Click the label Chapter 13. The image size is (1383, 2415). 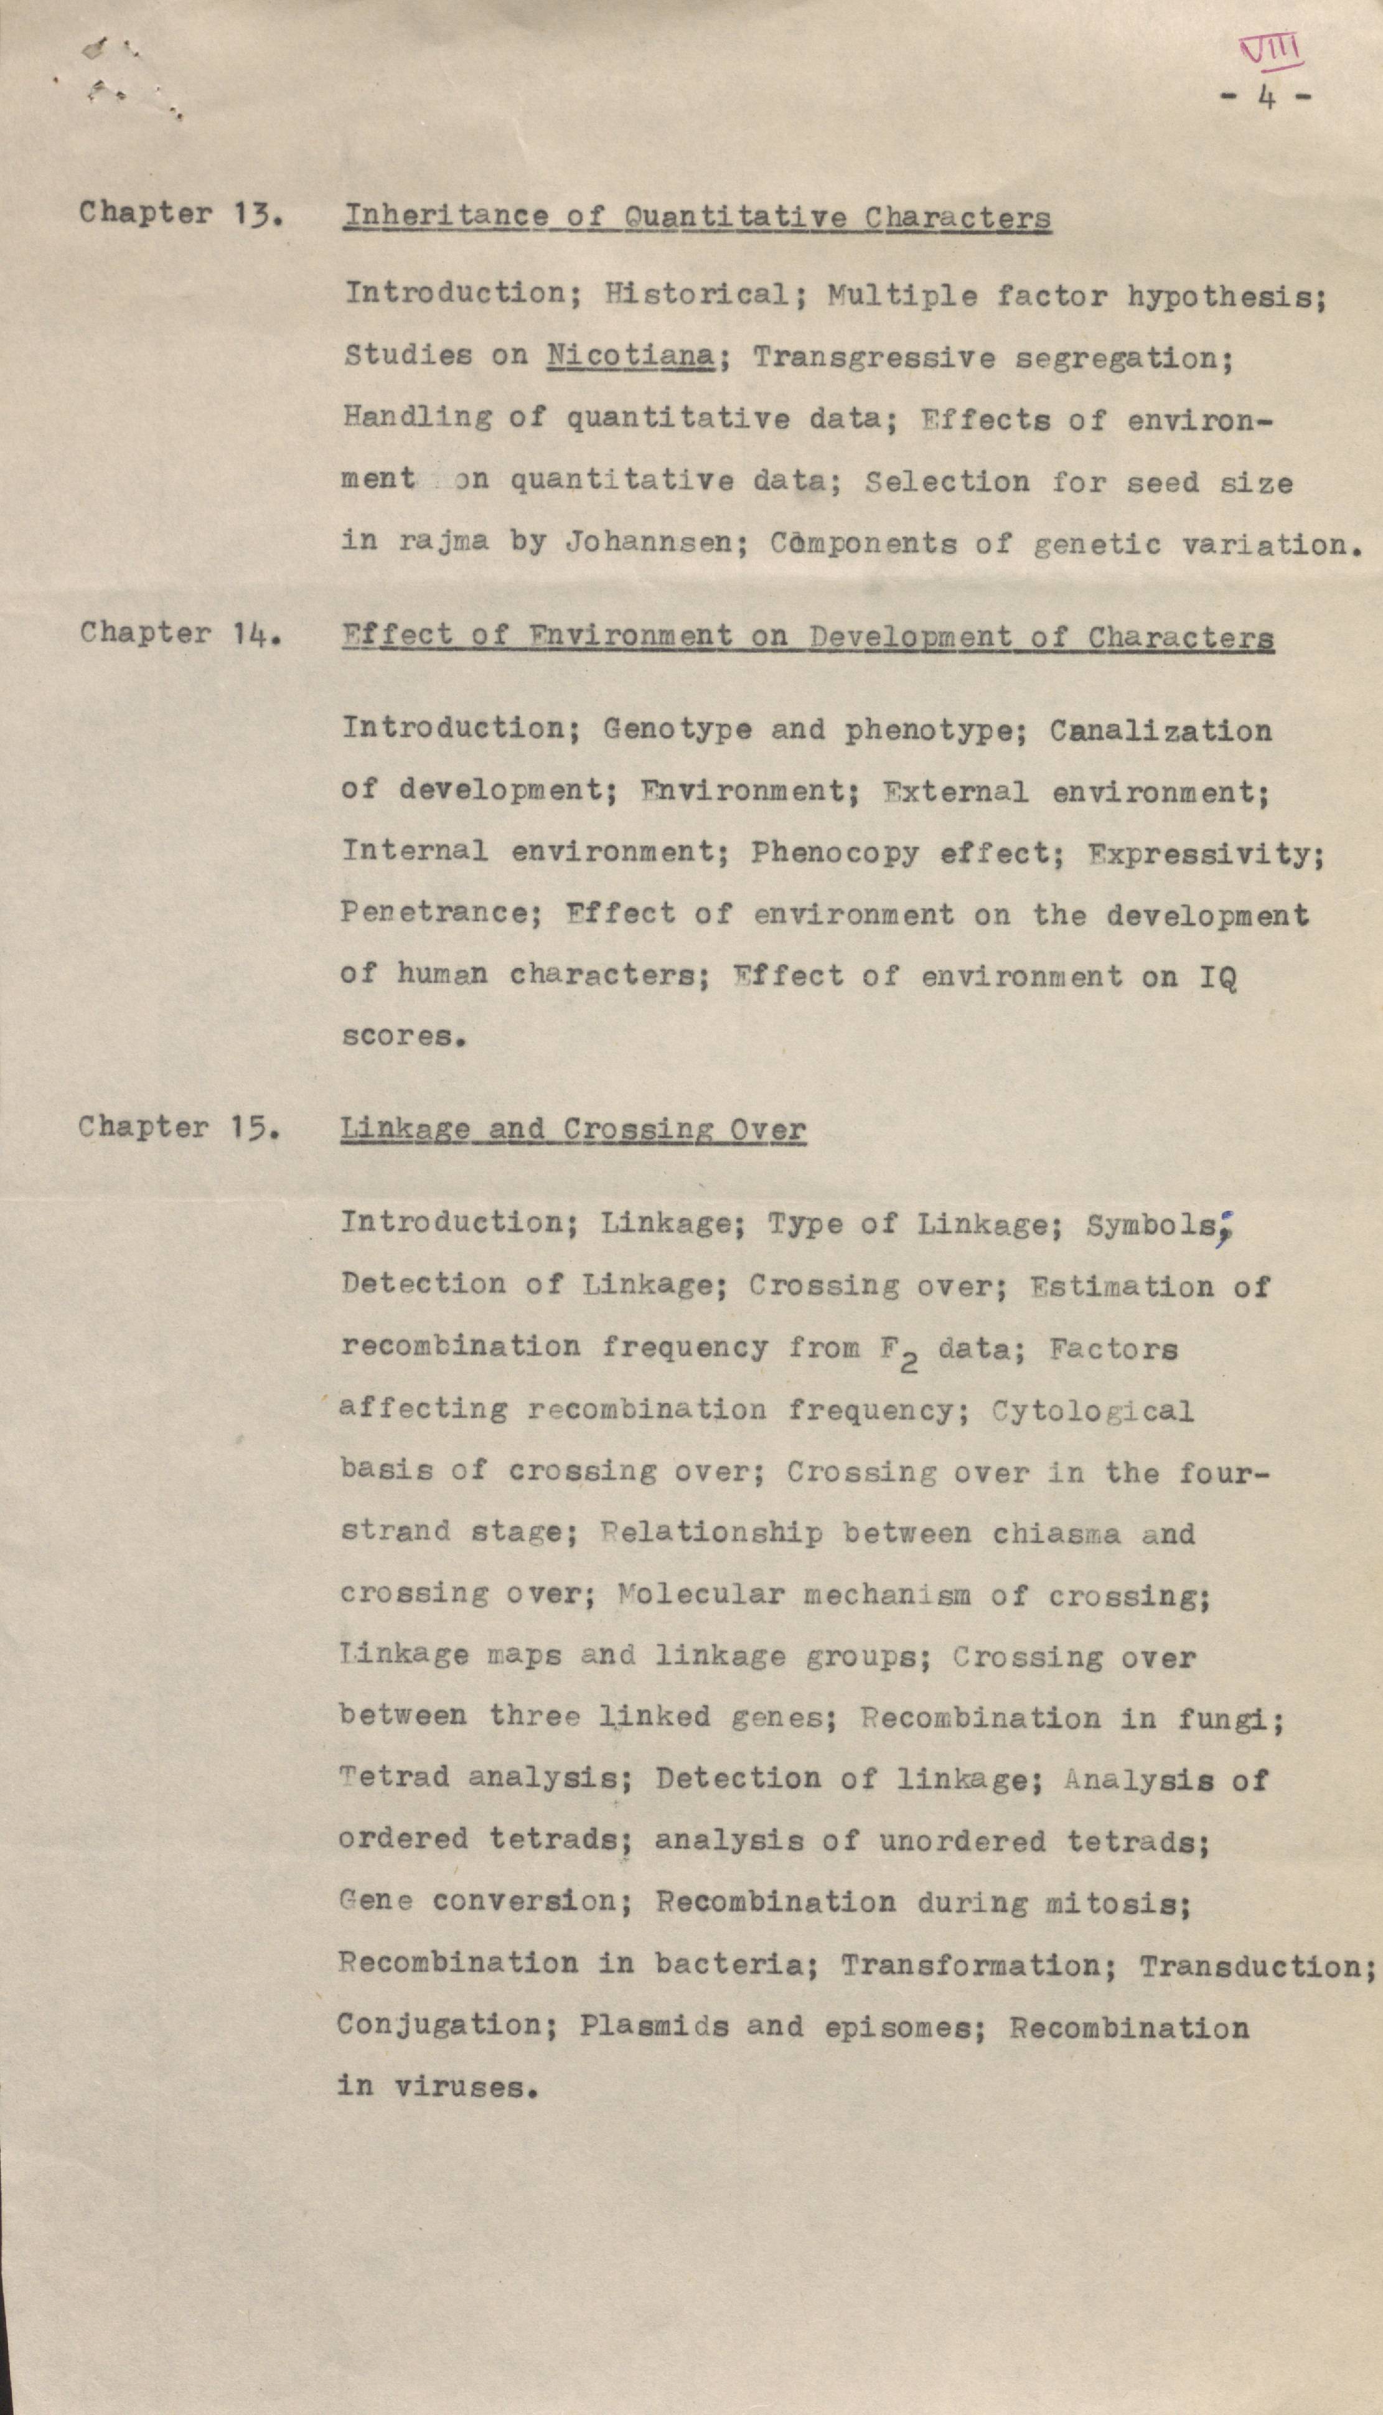[180, 213]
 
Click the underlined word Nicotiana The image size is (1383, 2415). [630, 356]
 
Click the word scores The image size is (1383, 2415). [398, 1036]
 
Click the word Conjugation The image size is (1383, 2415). [439, 2025]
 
